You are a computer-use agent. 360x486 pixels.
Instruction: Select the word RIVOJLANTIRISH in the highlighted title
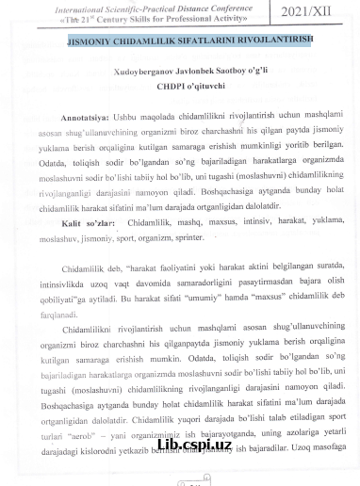tap(263, 41)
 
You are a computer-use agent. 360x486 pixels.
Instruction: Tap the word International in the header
tap(86, 7)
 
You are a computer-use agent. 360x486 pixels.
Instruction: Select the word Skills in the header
tap(156, 19)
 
